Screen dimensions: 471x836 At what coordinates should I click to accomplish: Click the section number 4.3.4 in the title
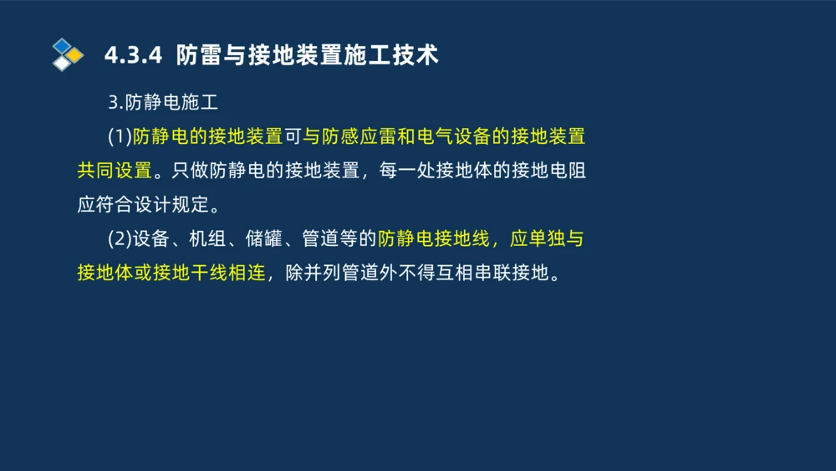(131, 55)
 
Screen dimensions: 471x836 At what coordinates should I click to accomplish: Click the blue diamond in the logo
(62, 45)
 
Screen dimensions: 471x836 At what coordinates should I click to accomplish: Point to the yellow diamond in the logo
(74, 55)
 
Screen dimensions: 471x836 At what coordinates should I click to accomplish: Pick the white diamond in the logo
(62, 64)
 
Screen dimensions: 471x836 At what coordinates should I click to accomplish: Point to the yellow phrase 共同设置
(115, 171)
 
